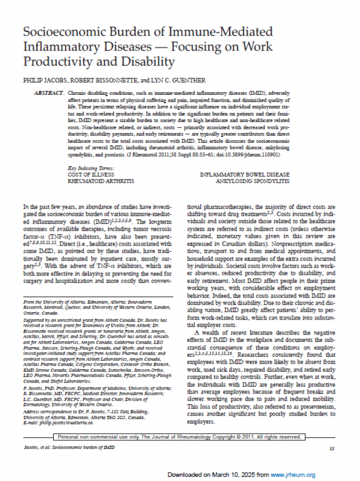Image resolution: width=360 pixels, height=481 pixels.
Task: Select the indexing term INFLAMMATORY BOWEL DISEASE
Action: tap(244, 175)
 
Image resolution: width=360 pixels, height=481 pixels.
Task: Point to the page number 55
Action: tap(331, 449)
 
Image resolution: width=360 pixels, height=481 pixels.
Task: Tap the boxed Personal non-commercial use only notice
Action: tap(179, 437)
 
